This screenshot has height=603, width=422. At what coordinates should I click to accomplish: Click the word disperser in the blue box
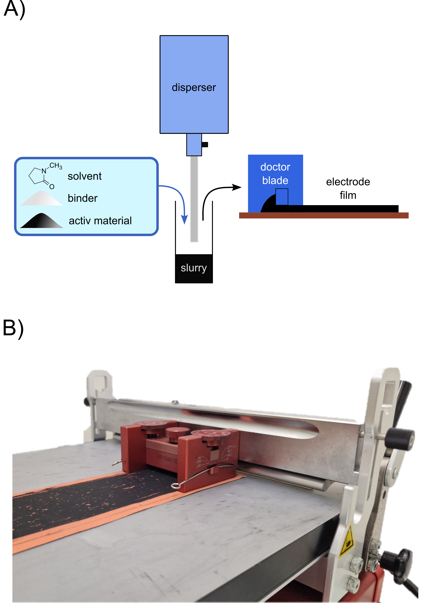click(194, 87)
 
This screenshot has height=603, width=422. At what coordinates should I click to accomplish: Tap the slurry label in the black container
click(194, 268)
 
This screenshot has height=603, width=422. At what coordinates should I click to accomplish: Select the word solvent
click(85, 176)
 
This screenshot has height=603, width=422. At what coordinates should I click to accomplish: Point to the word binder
click(83, 198)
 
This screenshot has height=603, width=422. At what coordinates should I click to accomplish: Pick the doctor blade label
click(275, 174)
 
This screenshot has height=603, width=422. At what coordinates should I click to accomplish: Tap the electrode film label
click(348, 188)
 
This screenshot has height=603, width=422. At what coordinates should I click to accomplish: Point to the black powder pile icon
click(42, 221)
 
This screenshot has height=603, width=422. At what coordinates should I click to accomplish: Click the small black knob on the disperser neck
click(205, 144)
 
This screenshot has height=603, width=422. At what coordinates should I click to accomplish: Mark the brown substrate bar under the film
click(323, 215)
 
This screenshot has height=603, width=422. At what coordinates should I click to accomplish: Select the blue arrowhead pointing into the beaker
click(185, 219)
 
